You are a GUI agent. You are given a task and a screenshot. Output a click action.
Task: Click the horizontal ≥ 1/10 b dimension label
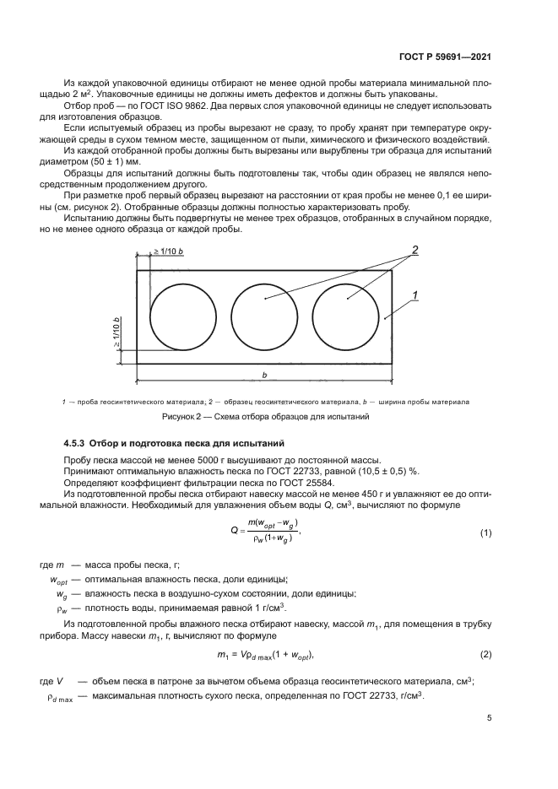pyautogui.click(x=171, y=251)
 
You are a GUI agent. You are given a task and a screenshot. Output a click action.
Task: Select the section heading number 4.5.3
pyautogui.click(x=78, y=443)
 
